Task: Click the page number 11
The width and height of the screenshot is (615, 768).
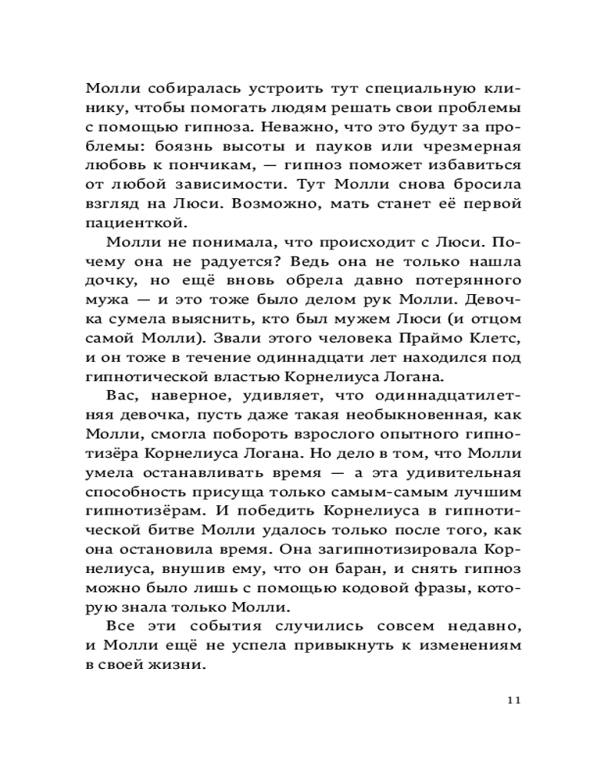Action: pos(515,700)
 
